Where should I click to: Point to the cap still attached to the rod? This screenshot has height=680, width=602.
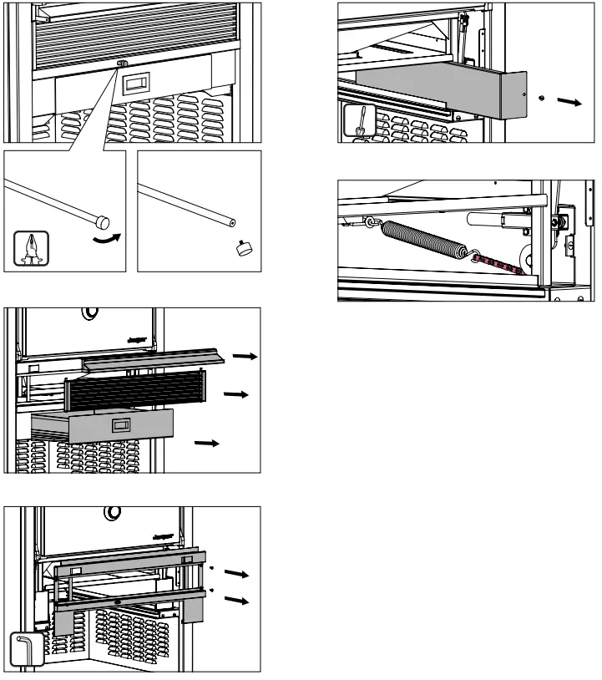tap(102, 221)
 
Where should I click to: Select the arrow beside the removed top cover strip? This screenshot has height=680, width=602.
tap(245, 356)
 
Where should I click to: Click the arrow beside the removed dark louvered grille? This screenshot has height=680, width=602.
tap(237, 393)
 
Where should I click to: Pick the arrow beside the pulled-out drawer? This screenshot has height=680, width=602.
tap(206, 442)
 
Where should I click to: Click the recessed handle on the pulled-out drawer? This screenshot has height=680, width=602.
tap(122, 426)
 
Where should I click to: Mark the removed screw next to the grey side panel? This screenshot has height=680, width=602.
tap(542, 97)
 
